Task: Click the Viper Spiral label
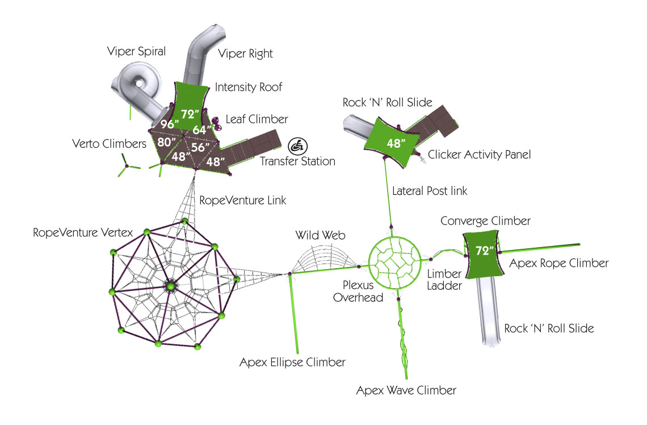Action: coord(136,52)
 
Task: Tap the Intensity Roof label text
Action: coord(248,88)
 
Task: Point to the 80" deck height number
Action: coord(166,143)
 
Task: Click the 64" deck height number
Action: coord(200,130)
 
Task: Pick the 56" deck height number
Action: coord(200,147)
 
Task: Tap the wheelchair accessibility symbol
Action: coord(296,144)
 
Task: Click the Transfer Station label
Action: coord(297,161)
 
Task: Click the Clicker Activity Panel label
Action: coord(479,155)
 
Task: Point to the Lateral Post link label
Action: coord(430,191)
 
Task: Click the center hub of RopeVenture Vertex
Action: coord(169,286)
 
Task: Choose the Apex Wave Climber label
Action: coord(406,391)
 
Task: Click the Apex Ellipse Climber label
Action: coord(292,362)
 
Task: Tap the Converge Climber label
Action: coord(485,220)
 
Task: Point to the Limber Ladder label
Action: coord(444,280)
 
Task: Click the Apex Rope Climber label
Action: coord(558,263)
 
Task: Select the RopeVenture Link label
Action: coord(242,200)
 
